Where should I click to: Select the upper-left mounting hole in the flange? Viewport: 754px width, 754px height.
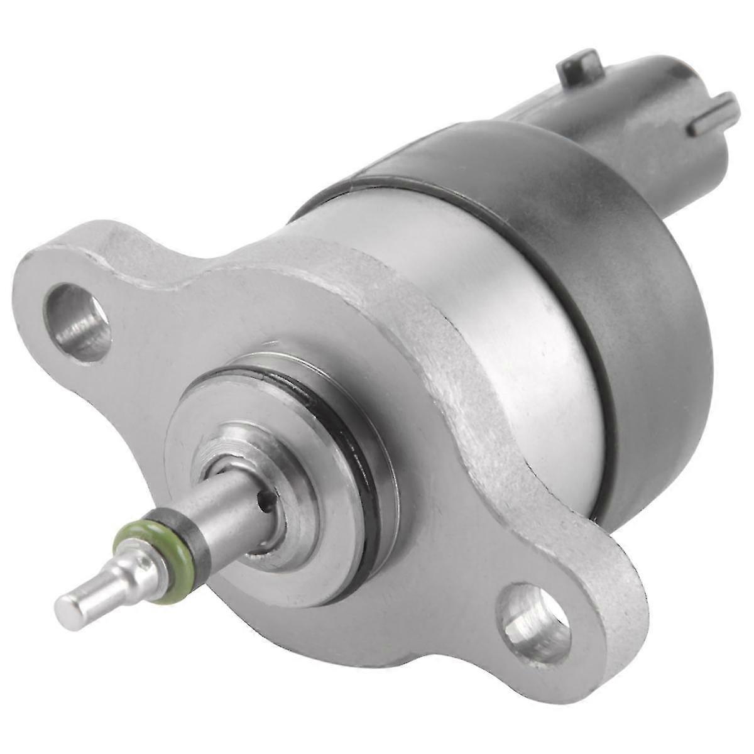(79, 322)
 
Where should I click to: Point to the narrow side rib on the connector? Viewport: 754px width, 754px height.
(713, 116)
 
